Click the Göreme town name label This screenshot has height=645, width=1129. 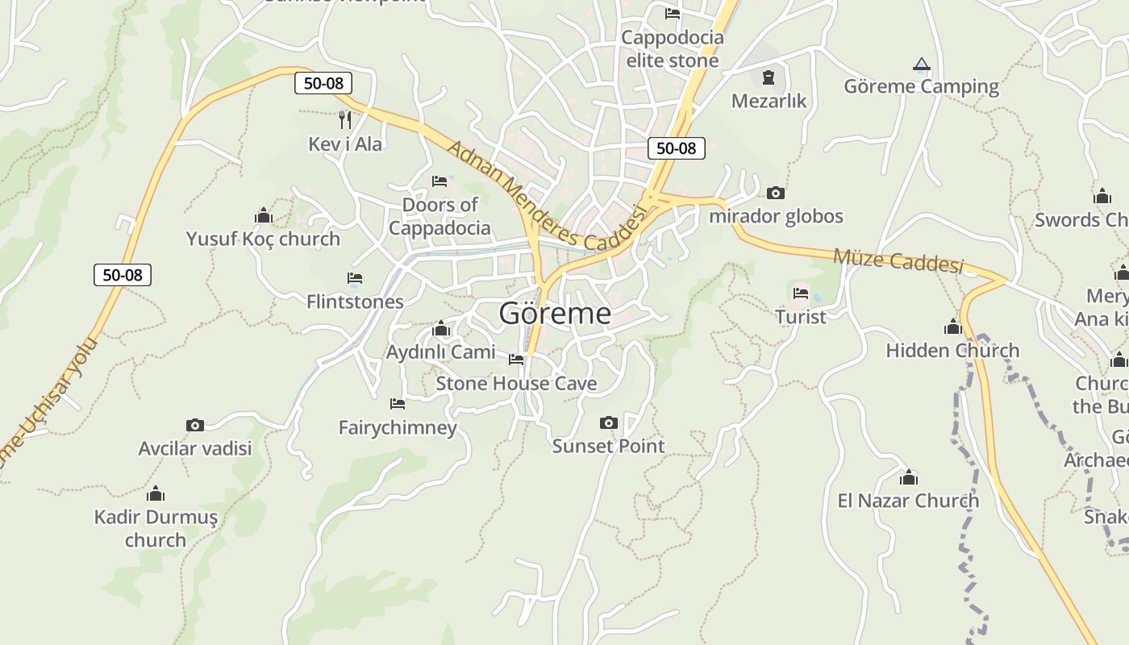(x=555, y=313)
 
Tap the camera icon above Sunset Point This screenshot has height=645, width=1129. (x=609, y=422)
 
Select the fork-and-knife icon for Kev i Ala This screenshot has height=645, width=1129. (x=345, y=120)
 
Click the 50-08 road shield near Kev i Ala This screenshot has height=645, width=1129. (x=323, y=82)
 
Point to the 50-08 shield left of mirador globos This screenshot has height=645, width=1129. (x=676, y=148)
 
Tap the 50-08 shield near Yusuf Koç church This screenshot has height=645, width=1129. (x=123, y=274)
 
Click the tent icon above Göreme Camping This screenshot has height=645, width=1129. (x=921, y=64)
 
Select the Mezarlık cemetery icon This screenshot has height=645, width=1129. (x=768, y=78)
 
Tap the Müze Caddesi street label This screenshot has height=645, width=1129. (x=898, y=260)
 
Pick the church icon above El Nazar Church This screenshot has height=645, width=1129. (x=909, y=477)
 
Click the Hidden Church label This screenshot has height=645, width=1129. (x=952, y=350)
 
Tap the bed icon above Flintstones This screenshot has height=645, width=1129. (x=355, y=278)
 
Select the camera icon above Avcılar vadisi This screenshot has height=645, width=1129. (x=194, y=425)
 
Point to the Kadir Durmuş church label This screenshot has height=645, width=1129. (x=156, y=528)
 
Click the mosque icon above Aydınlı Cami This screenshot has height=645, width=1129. (x=440, y=329)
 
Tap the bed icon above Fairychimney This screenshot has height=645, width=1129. (x=397, y=403)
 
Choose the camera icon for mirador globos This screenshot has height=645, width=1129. (x=775, y=193)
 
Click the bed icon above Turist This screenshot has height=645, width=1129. (x=800, y=293)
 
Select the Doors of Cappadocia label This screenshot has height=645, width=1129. (x=440, y=216)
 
